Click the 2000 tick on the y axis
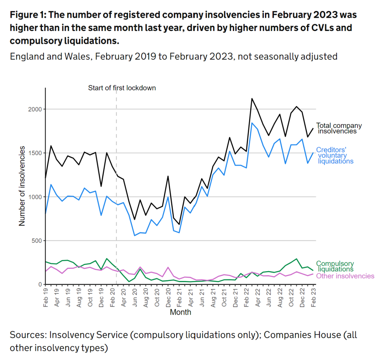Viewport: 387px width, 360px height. coord(36,109)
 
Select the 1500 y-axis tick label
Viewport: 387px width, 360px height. coord(36,153)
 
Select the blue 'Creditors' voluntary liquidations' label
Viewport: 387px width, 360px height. coord(334,155)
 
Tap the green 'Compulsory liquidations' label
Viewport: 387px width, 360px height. coord(335,266)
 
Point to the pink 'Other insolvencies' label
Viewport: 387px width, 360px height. coord(345,276)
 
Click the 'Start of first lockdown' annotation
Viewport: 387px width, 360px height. coord(122,88)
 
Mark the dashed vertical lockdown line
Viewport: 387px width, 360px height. coord(116,189)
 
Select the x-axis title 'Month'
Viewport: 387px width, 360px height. coord(180,312)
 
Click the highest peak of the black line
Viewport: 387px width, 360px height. coord(252,99)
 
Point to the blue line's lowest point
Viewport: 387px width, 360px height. coord(135,236)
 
